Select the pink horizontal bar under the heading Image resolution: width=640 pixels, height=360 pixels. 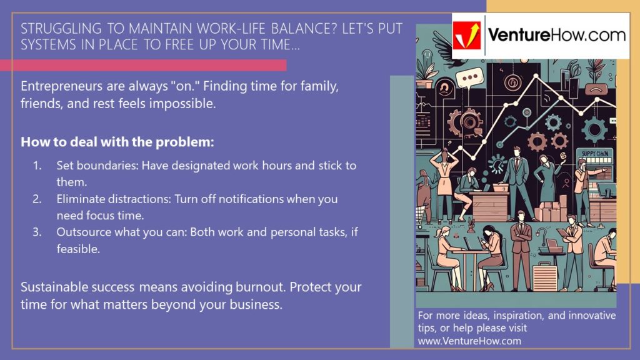click(143, 65)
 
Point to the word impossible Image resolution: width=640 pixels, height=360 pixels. click(187, 104)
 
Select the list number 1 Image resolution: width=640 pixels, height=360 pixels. click(37, 166)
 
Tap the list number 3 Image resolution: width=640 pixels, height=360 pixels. click(37, 232)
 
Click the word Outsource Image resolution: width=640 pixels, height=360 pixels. click(82, 232)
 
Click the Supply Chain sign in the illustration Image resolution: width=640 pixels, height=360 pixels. click(596, 154)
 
